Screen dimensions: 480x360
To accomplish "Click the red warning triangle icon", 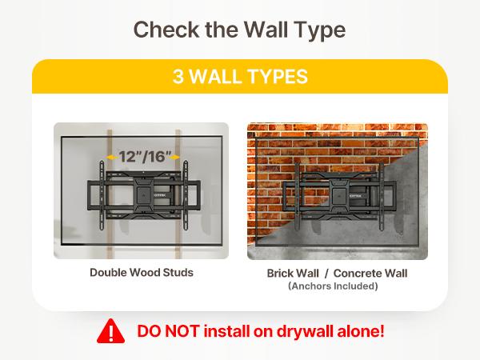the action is tap(111, 331).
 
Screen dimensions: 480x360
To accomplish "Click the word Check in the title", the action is tap(166, 30).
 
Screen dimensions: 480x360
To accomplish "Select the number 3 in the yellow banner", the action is tap(178, 76).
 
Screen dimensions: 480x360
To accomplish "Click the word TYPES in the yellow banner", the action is tap(276, 76).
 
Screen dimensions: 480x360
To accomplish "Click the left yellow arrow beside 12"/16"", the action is tap(112, 158).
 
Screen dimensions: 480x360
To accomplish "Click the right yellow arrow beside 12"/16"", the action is tap(174, 158).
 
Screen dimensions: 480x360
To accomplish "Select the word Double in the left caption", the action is tap(108, 273).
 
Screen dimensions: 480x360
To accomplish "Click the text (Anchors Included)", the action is tap(333, 286).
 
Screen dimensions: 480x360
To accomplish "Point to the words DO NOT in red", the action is tap(169, 331).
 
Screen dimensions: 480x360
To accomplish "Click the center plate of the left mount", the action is tap(143, 192).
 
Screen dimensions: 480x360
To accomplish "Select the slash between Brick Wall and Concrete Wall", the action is tap(326, 274).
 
